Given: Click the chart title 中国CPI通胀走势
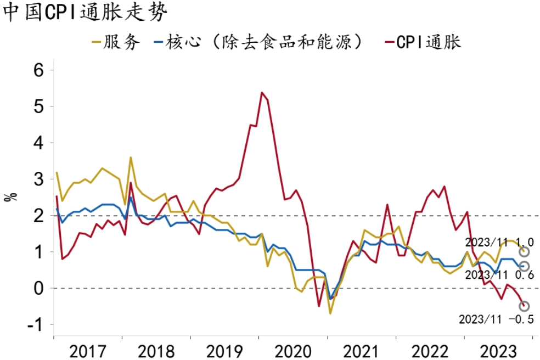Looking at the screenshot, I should tap(84, 13).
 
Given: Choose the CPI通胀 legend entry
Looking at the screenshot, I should tap(423, 42).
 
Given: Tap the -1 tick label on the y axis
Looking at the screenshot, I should tap(39, 324).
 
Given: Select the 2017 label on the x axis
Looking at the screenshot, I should tap(88, 350).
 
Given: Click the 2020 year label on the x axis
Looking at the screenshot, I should tap(294, 350).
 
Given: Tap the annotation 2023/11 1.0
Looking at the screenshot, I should tap(499, 242).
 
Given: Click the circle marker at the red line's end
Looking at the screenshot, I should tap(524, 306).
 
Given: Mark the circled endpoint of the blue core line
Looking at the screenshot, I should tap(524, 266).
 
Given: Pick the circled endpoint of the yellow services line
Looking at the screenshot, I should tap(524, 251).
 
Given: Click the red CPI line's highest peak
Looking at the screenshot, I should tap(261, 92).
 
